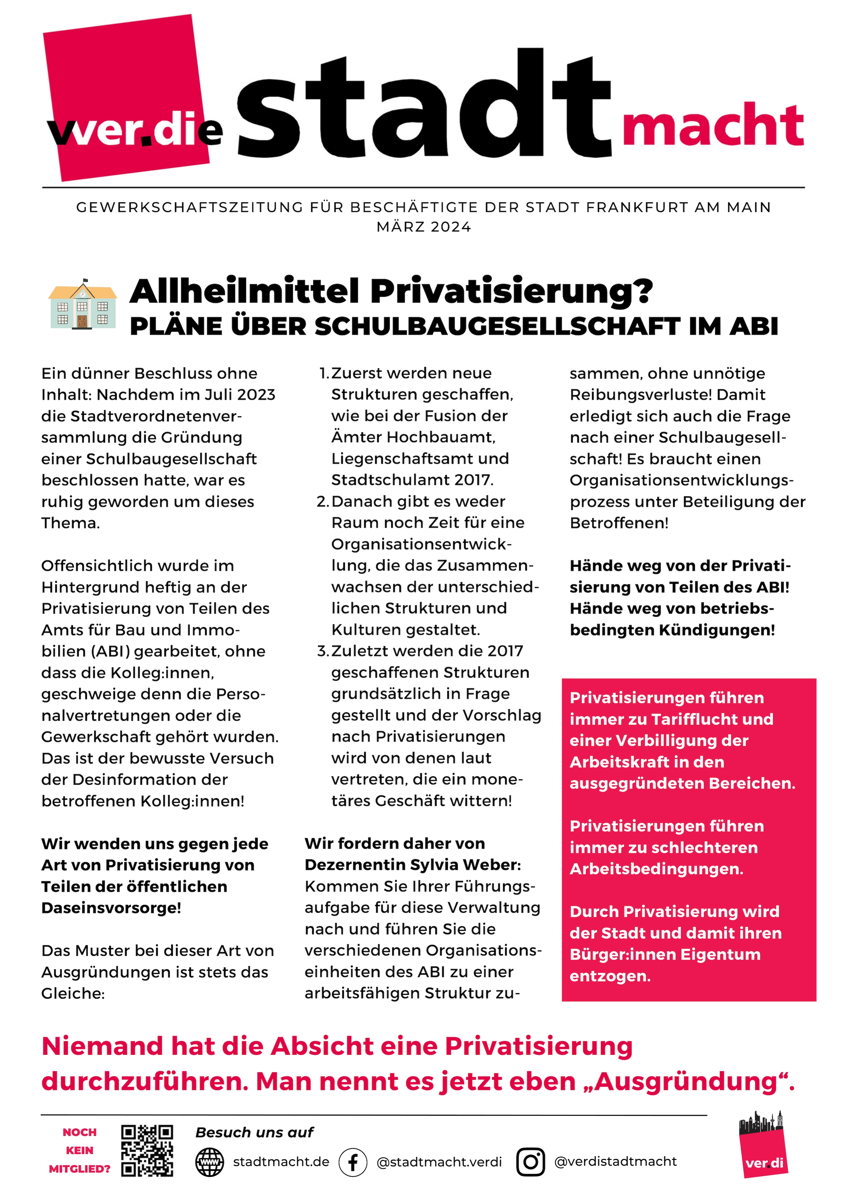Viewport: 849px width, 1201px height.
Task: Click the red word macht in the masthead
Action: click(x=712, y=126)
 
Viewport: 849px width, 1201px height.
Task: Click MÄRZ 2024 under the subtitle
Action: click(x=424, y=227)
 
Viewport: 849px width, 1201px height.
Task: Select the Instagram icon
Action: click(x=530, y=1162)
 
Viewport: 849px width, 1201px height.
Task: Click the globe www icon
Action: click(x=209, y=1162)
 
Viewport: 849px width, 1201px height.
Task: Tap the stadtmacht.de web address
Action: click(x=281, y=1162)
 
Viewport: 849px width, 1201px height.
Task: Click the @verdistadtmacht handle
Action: click(x=615, y=1161)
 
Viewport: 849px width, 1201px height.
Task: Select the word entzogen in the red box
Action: click(x=609, y=976)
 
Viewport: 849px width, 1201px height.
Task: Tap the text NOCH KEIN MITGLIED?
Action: click(x=79, y=1150)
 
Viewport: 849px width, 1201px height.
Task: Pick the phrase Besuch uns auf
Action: click(x=254, y=1133)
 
